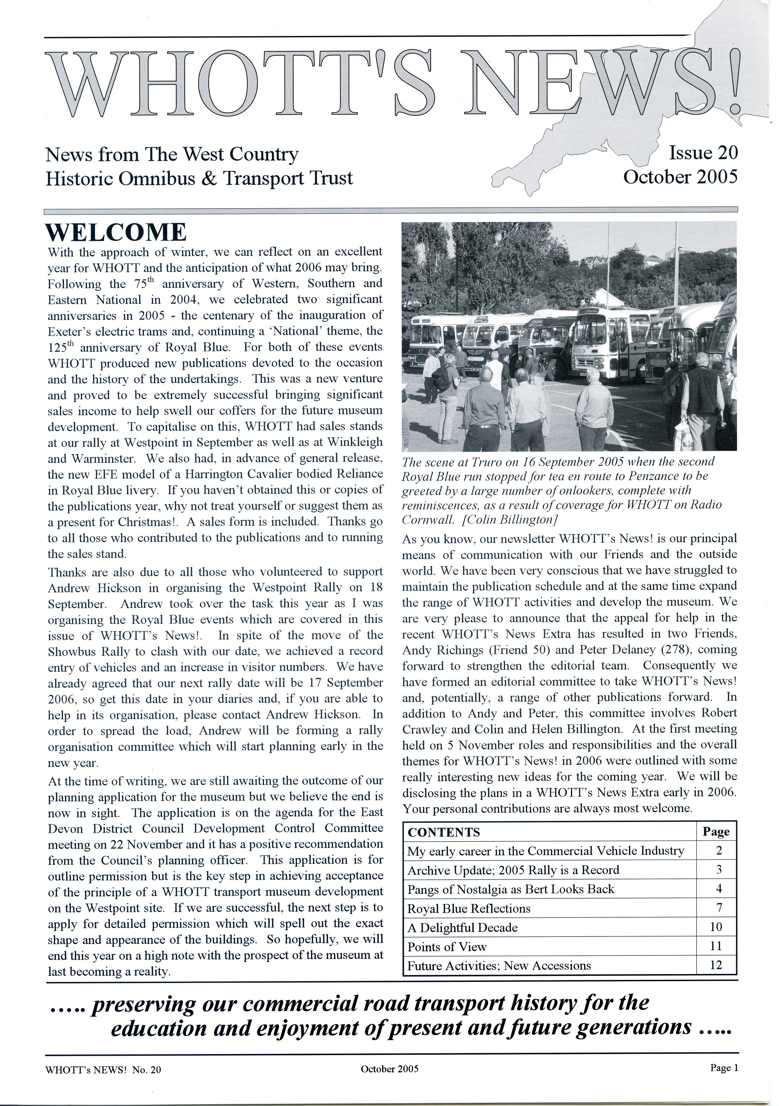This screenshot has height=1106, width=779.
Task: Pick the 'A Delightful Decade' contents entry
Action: point(462,927)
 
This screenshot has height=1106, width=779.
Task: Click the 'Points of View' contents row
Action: point(447,947)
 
